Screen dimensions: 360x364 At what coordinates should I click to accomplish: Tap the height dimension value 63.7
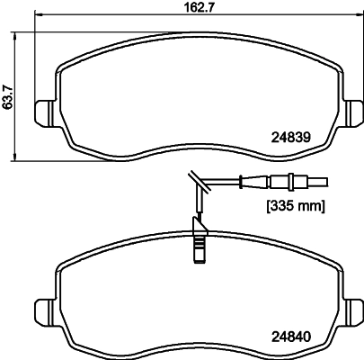coord(8,93)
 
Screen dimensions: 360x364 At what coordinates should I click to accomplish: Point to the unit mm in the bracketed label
coord(308,206)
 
